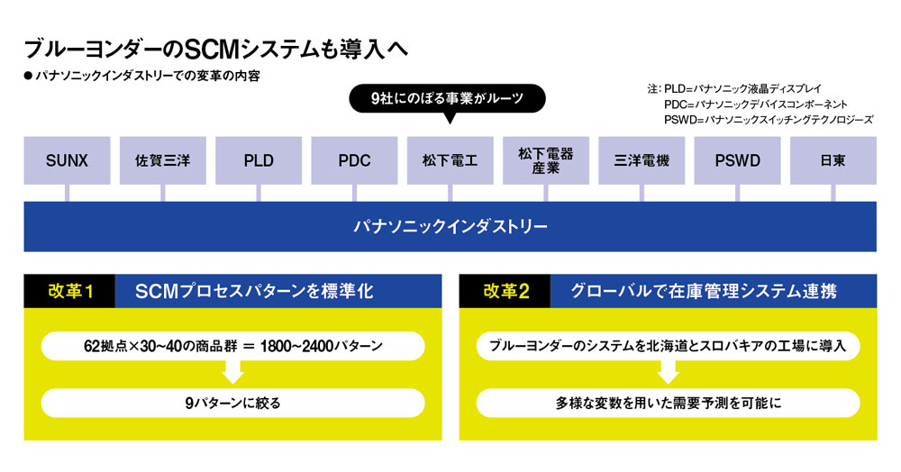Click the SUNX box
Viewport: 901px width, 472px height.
click(67, 160)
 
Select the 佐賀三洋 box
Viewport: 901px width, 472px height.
click(162, 160)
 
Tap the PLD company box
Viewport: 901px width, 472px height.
click(259, 160)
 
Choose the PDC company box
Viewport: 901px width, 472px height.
click(354, 160)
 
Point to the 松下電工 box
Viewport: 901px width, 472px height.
click(450, 160)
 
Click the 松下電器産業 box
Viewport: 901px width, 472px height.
click(546, 160)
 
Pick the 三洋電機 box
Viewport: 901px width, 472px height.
click(642, 160)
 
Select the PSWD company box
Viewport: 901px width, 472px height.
click(737, 160)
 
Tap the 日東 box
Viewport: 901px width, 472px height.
click(833, 160)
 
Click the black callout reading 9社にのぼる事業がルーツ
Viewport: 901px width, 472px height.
click(447, 99)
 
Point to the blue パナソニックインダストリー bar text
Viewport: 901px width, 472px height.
click(450, 227)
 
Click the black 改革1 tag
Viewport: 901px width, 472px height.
click(69, 291)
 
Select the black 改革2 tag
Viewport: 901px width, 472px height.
click(505, 291)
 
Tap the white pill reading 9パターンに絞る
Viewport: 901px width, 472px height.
click(232, 404)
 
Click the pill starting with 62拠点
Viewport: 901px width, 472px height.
click(232, 346)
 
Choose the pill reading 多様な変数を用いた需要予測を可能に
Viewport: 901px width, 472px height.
click(668, 404)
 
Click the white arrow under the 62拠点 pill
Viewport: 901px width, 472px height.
click(232, 373)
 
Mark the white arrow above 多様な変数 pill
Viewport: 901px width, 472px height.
click(668, 373)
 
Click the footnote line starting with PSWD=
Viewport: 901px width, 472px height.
click(769, 120)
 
